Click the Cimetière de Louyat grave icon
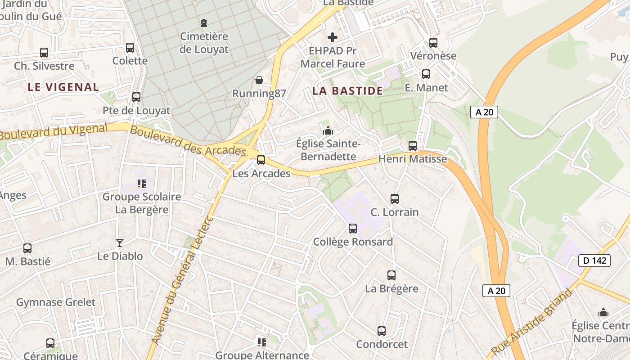[204, 22]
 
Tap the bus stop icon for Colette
[130, 47]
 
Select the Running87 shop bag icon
[259, 80]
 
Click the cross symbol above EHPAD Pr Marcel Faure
[333, 37]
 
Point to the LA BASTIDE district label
[347, 91]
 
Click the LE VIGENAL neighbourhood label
[63, 87]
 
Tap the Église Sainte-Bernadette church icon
[328, 131]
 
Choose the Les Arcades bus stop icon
[261, 160]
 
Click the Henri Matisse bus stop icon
[413, 146]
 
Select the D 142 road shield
[594, 261]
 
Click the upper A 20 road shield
[484, 112]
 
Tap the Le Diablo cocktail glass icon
[119, 243]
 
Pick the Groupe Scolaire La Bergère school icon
[142, 184]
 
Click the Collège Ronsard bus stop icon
[353, 229]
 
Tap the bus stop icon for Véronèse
[433, 43]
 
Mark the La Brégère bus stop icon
[391, 275]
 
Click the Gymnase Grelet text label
[56, 302]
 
